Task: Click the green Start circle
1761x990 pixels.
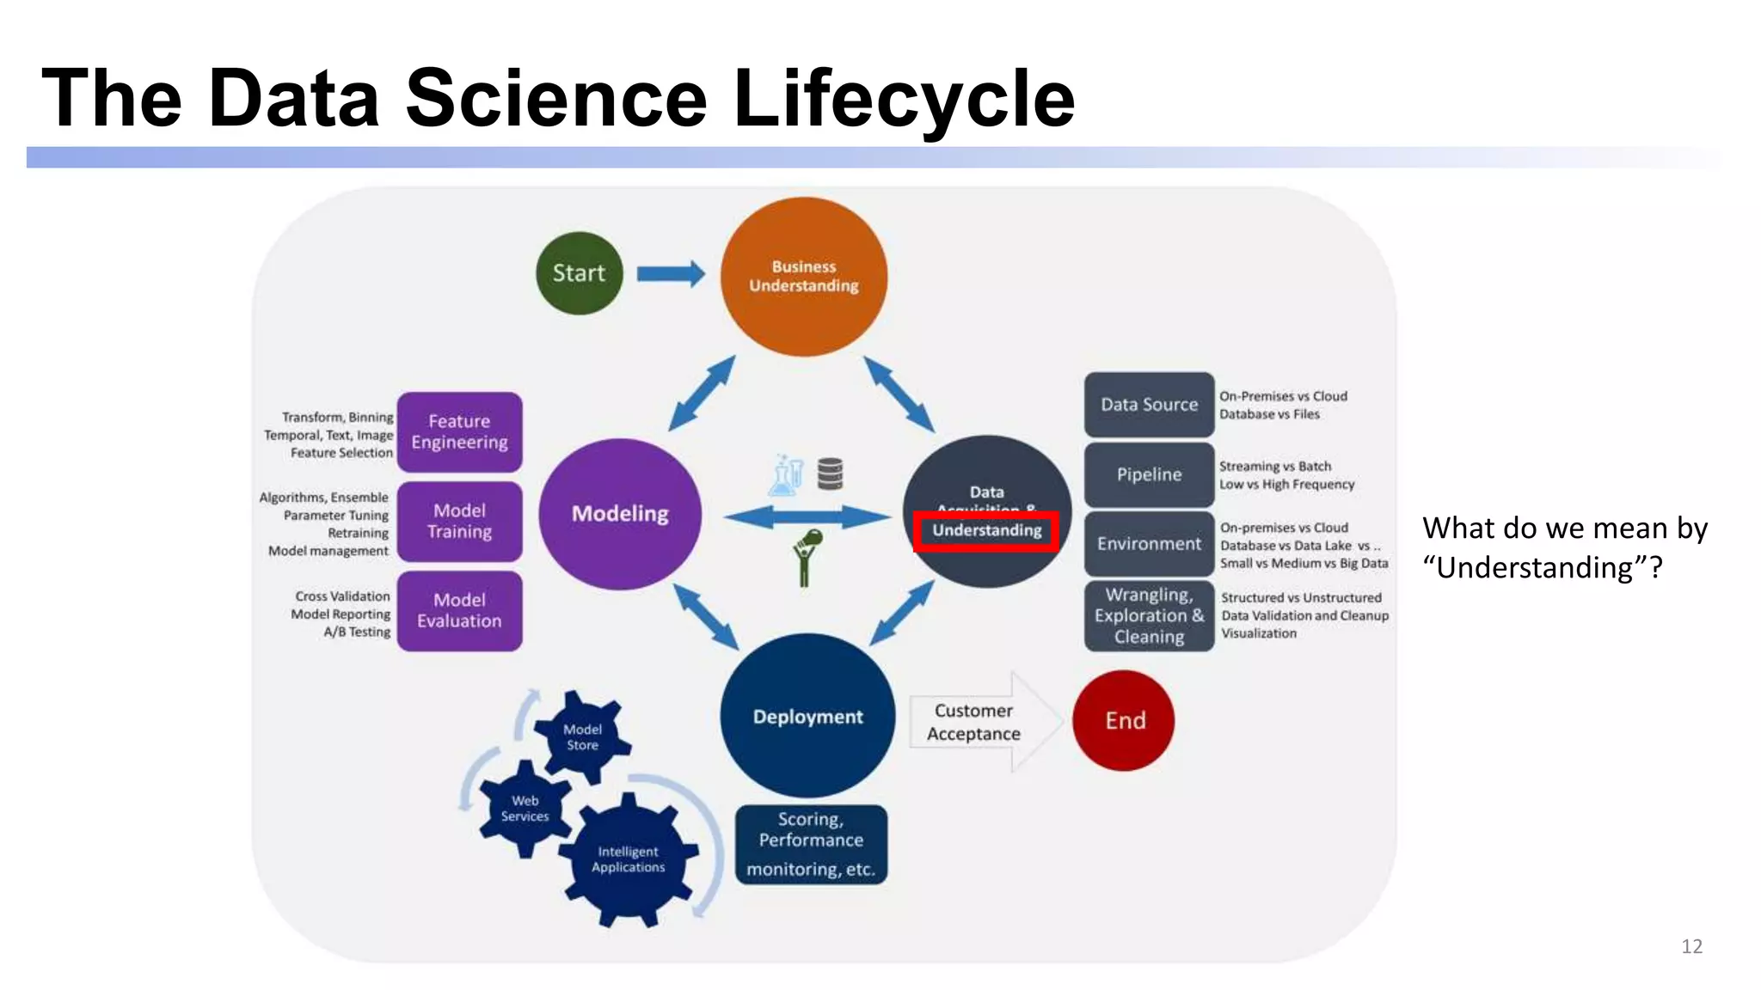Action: pyautogui.click(x=579, y=273)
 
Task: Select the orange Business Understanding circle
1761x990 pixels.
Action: pyautogui.click(x=803, y=277)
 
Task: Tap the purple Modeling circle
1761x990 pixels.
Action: pyautogui.click(x=620, y=514)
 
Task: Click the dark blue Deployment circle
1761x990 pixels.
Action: pyautogui.click(x=807, y=716)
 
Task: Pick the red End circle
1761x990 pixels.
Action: pyautogui.click(x=1124, y=720)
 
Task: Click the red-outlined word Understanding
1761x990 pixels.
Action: pyautogui.click(x=986, y=530)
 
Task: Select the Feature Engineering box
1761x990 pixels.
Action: pyautogui.click(x=459, y=432)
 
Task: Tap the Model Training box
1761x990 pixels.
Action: pyautogui.click(x=459, y=522)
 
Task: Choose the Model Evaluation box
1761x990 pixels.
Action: pyautogui.click(x=459, y=611)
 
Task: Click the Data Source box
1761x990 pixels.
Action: pyautogui.click(x=1149, y=405)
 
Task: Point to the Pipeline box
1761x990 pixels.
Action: pyautogui.click(x=1149, y=474)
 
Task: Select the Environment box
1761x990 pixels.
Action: pyautogui.click(x=1149, y=544)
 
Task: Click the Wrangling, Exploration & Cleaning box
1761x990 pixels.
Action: pyautogui.click(x=1149, y=616)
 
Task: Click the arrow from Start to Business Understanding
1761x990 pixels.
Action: pyautogui.click(x=670, y=274)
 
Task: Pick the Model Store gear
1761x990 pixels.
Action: pyautogui.click(x=582, y=737)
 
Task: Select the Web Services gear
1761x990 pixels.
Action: pyautogui.click(x=525, y=809)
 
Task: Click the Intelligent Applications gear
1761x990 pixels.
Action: pyautogui.click(x=629, y=860)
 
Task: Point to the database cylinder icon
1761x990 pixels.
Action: pyautogui.click(x=830, y=474)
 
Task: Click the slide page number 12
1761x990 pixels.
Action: pyautogui.click(x=1691, y=946)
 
